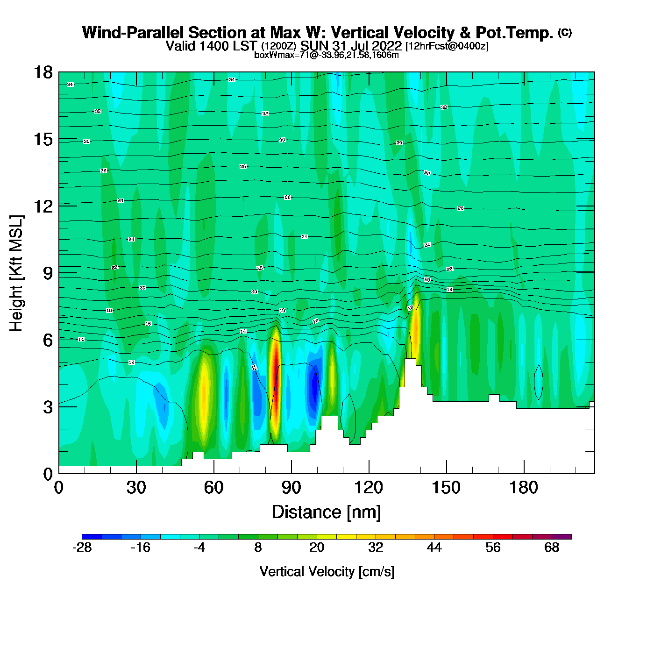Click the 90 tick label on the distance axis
pyautogui.click(x=291, y=488)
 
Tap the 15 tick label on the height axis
pyautogui.click(x=43, y=139)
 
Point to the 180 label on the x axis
pyautogui.click(x=524, y=488)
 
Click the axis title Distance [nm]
pyautogui.click(x=327, y=512)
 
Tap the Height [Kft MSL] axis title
pyautogui.click(x=16, y=273)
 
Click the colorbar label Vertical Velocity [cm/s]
pyautogui.click(x=327, y=571)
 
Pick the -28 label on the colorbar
pyautogui.click(x=82, y=547)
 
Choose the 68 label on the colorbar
pyautogui.click(x=552, y=547)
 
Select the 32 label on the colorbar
pyautogui.click(x=376, y=547)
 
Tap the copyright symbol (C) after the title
pyautogui.click(x=565, y=32)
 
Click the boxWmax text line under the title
pyautogui.click(x=327, y=55)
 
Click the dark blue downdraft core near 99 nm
pyautogui.click(x=314, y=385)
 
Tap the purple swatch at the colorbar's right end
pyautogui.click(x=562, y=537)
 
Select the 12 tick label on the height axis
pyautogui.click(x=43, y=206)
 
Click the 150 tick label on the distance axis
pyautogui.click(x=446, y=488)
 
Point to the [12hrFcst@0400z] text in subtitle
pyautogui.click(x=447, y=46)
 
